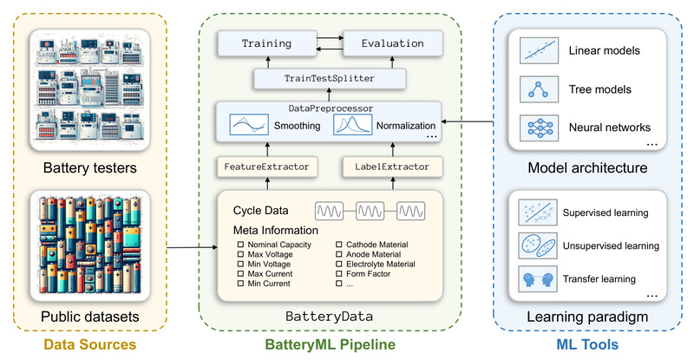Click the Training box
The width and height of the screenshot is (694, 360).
pyautogui.click(x=266, y=43)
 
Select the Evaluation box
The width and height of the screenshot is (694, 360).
pyautogui.click(x=393, y=43)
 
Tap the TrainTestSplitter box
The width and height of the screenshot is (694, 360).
pyautogui.click(x=331, y=79)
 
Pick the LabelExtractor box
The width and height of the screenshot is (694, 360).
pyautogui.click(x=392, y=165)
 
